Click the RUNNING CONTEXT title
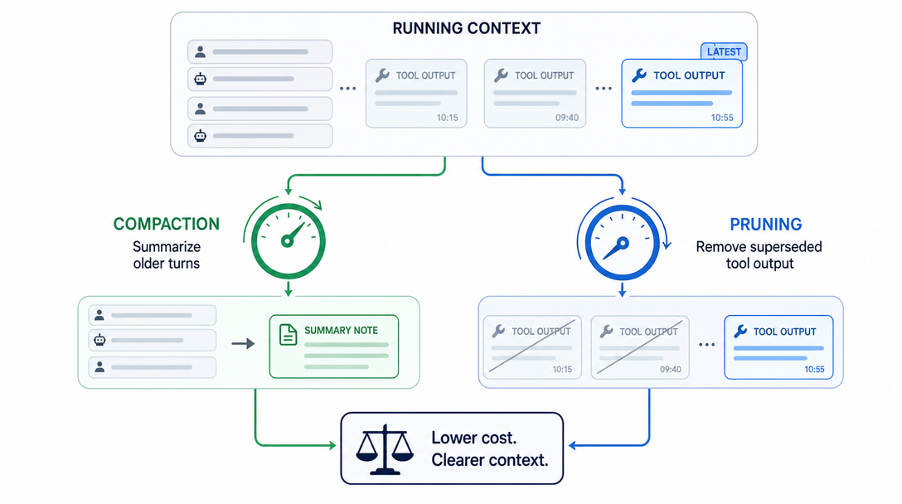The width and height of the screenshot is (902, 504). tap(467, 28)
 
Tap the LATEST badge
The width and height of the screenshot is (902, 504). tap(724, 51)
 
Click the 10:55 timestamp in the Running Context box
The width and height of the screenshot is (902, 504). tap(722, 118)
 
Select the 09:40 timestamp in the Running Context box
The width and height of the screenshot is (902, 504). tap(566, 118)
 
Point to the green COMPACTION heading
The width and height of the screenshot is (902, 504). tap(167, 224)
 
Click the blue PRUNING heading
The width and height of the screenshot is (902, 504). tap(766, 225)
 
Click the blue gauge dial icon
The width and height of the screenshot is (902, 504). tap(622, 243)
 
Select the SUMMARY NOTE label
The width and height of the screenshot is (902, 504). tap(341, 330)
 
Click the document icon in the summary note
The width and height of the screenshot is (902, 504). tap(288, 335)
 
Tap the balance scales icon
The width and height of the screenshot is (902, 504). tap(385, 449)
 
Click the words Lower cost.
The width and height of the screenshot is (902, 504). tap(474, 438)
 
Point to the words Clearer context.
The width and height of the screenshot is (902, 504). tap(489, 460)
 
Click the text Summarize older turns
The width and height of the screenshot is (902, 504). tap(167, 254)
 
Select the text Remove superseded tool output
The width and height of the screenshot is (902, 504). tap(759, 254)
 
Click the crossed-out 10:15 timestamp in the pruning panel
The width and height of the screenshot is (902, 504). tap(562, 370)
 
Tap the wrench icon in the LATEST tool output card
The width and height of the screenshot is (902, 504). tap(639, 75)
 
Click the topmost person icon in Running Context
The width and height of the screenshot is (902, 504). tap(200, 51)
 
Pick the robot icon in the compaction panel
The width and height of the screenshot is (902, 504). tap(99, 340)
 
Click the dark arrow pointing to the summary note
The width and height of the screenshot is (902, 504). tap(243, 343)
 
